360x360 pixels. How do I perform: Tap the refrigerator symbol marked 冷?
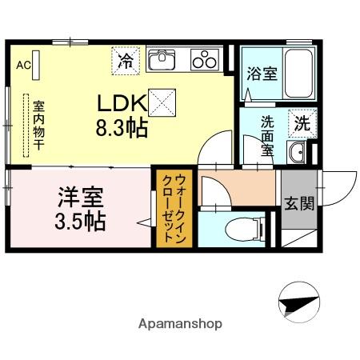(126, 58)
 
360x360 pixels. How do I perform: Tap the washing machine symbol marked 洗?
(302, 123)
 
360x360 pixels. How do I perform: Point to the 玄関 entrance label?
(293, 203)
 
